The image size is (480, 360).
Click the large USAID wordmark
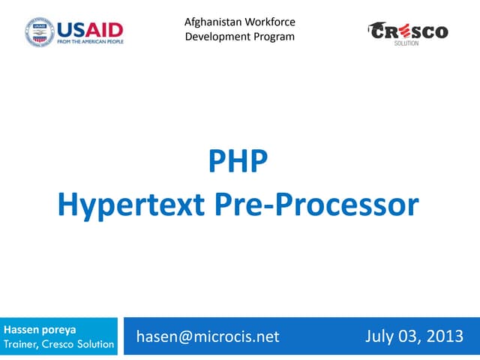(90, 30)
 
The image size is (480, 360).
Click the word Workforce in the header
(269, 22)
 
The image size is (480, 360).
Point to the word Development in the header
(217, 37)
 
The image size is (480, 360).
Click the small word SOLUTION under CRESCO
(406, 43)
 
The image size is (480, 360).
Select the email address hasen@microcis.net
(208, 337)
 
